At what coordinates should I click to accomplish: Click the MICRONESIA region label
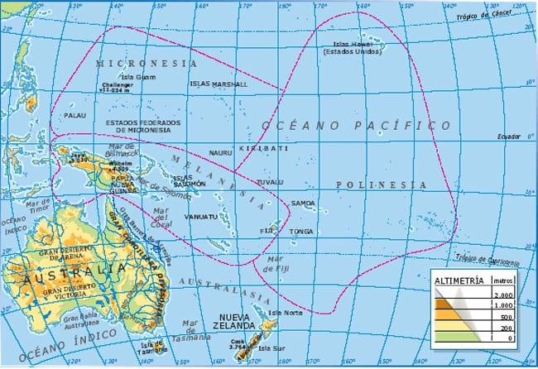[x=147, y=63]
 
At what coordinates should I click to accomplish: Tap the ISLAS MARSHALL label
[x=218, y=84]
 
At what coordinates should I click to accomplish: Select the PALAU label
[x=75, y=116]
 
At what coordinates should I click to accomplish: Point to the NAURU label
[x=220, y=153]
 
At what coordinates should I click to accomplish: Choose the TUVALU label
[x=270, y=181]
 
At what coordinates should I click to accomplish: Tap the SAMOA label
[x=303, y=203]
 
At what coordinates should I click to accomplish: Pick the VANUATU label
[x=201, y=217]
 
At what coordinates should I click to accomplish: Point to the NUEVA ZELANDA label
[x=239, y=321]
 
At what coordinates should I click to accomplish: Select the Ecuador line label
[x=507, y=137]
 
